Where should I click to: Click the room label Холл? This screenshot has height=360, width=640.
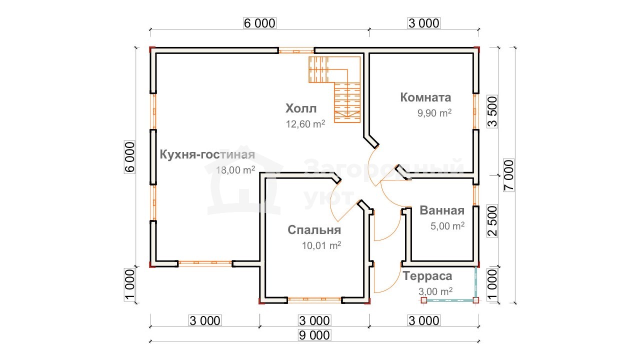[x=301, y=108]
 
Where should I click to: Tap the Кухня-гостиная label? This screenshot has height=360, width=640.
[x=207, y=154]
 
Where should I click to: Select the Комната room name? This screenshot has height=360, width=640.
[x=425, y=97]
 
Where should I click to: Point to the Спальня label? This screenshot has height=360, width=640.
[x=314, y=230]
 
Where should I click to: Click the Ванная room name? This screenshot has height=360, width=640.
[x=442, y=210]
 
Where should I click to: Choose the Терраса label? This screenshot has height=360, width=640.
[x=427, y=276]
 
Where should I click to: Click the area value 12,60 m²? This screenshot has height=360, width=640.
[x=305, y=124]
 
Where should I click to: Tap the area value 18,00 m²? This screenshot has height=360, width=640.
[x=235, y=170]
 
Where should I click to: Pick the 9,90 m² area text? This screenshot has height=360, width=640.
[x=434, y=113]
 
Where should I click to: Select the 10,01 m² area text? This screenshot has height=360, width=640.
[x=321, y=245]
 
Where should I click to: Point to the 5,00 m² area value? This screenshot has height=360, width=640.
[x=447, y=226]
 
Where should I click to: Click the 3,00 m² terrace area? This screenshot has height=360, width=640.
[x=435, y=291]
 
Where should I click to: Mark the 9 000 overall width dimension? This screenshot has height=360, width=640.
[x=314, y=335]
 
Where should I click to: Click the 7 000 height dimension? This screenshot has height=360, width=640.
[x=509, y=175]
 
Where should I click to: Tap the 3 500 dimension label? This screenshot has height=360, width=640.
[x=492, y=111]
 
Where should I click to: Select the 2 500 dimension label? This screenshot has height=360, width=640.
[x=492, y=221]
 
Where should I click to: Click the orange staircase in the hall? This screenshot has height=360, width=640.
[x=335, y=89]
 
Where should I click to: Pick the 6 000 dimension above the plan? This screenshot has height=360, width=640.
[x=259, y=23]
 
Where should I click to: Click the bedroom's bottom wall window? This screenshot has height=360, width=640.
[x=314, y=299]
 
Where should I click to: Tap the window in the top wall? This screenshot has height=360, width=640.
[x=296, y=51]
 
